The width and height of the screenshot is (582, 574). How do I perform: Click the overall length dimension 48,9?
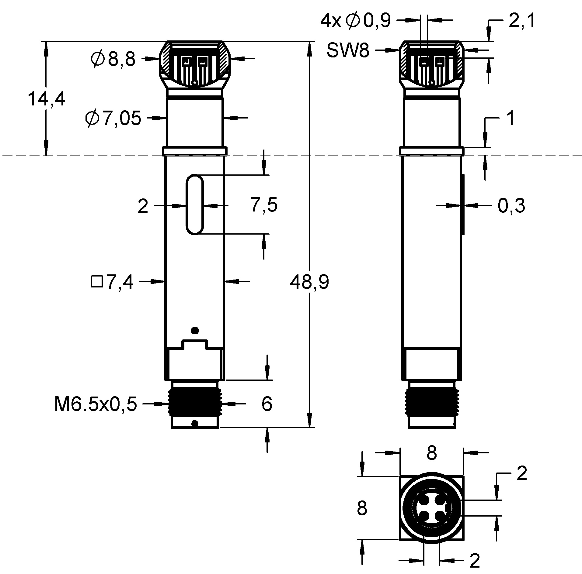click(309, 282)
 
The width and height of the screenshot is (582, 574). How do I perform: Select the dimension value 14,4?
click(46, 99)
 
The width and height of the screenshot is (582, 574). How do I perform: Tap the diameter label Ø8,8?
click(113, 59)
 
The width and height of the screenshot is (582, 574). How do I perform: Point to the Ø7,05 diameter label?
click(113, 118)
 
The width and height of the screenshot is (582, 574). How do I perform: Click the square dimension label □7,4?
click(112, 282)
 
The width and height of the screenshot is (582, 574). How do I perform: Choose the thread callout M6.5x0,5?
click(96, 404)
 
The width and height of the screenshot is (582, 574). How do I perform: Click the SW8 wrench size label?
click(348, 50)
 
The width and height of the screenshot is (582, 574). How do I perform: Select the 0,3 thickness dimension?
click(511, 206)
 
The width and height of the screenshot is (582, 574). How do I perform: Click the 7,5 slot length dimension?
click(264, 205)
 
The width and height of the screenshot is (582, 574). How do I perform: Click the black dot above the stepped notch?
click(194, 330)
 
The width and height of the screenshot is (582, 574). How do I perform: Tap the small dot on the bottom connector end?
click(195, 423)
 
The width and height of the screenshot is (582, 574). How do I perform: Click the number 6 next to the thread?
click(267, 404)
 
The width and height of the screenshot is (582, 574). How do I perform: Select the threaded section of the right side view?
click(431, 402)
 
